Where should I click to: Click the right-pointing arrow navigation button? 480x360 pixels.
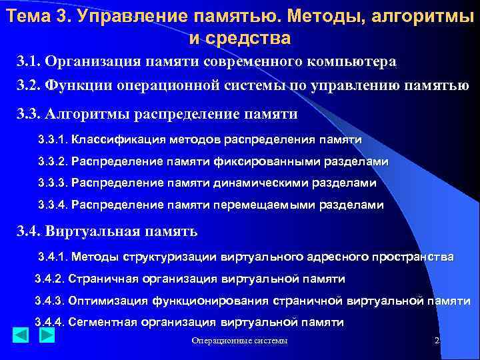[x=46, y=335]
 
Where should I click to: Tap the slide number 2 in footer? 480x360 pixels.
[x=437, y=341]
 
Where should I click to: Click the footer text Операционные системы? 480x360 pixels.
[x=239, y=341]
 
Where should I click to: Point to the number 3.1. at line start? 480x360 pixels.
[x=29, y=62]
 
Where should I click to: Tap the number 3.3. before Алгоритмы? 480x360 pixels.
[x=29, y=114]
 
